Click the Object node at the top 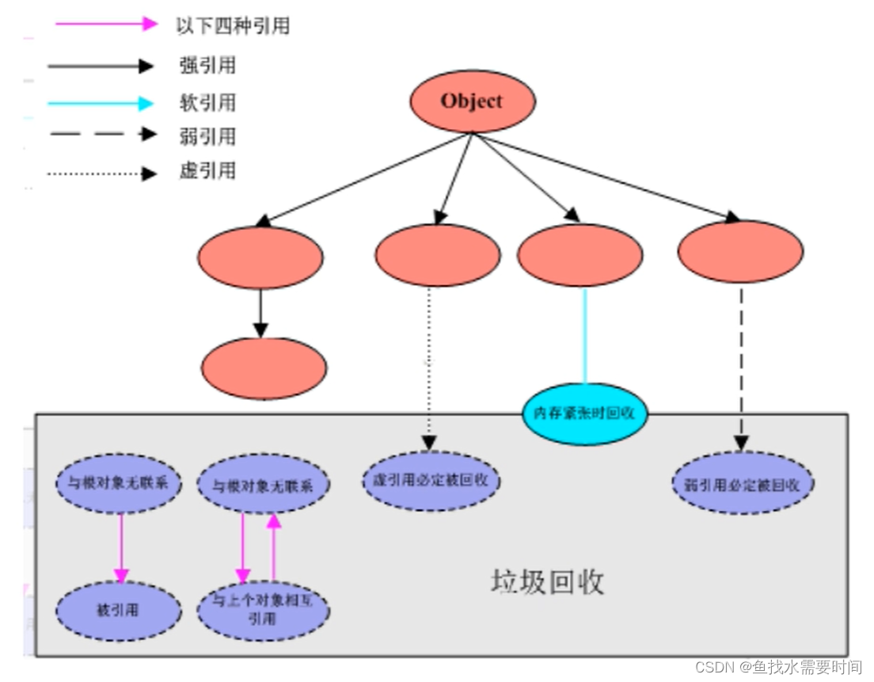click(x=472, y=101)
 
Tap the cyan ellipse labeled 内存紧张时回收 click(x=584, y=413)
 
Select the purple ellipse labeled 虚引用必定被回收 click(x=433, y=480)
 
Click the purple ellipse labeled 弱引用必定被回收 click(x=742, y=483)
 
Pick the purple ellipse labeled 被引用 click(x=119, y=611)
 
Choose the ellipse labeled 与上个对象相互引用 click(x=263, y=610)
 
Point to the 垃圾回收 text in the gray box click(x=547, y=581)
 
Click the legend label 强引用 click(x=207, y=66)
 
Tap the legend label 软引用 click(x=207, y=103)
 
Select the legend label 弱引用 click(x=207, y=136)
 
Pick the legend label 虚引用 click(x=207, y=171)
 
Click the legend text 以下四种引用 click(x=232, y=25)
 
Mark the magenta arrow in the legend click(x=106, y=24)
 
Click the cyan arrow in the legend click(x=100, y=103)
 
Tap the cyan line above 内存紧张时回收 click(x=585, y=336)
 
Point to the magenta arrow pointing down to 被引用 click(x=121, y=547)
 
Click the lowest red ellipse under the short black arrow click(x=264, y=368)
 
